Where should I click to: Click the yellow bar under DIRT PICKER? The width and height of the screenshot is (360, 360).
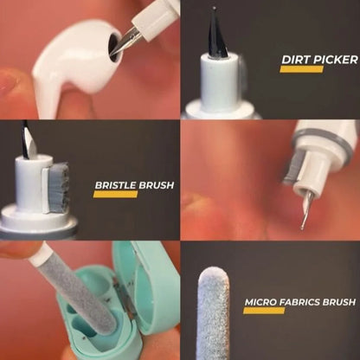pos(301,69)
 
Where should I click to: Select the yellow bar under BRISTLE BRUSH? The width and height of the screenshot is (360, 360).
pos(115,195)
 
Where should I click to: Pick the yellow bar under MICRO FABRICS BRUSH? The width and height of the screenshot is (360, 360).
pos(264,311)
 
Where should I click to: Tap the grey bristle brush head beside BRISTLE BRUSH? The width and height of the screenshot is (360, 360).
pos(60,187)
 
